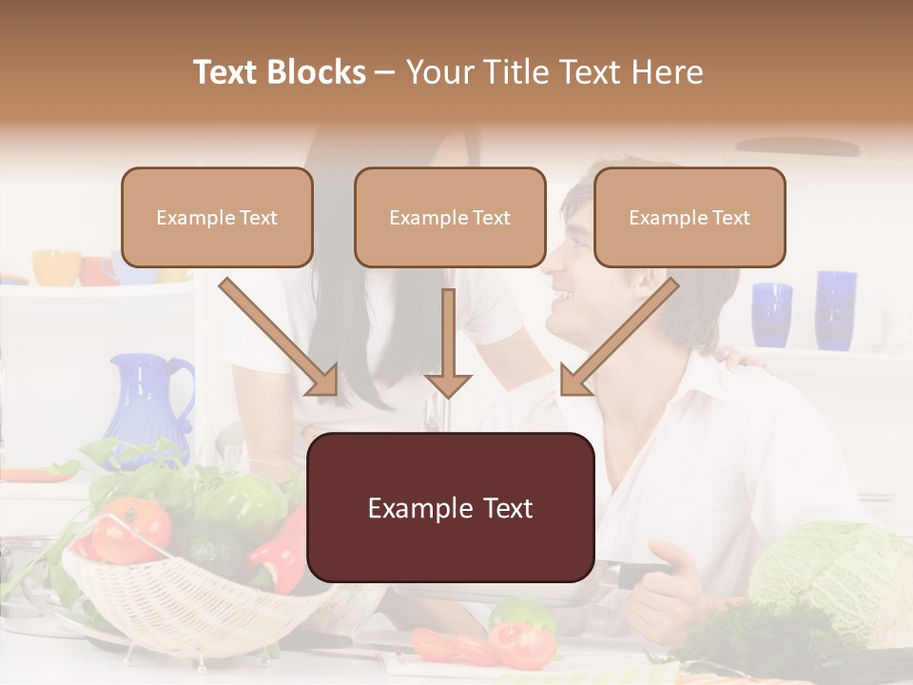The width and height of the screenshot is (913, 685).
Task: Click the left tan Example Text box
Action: pos(217,218)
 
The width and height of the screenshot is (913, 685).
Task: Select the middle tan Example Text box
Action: pos(450,218)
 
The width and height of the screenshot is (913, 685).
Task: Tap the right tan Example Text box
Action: pos(690,218)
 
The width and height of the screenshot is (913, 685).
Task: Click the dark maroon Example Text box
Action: pos(451,508)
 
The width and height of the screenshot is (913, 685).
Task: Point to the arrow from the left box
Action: pos(282,338)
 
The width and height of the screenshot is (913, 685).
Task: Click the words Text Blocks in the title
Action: pos(280,72)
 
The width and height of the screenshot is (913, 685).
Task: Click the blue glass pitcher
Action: pos(152,400)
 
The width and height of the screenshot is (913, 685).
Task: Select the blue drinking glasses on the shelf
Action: pos(805,309)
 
